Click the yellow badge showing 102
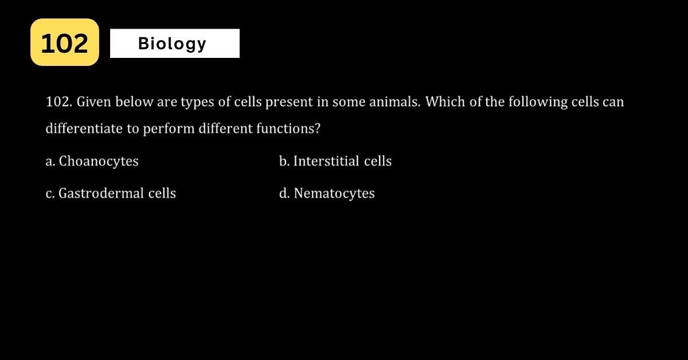(65, 42)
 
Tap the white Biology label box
(175, 44)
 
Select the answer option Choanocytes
(92, 161)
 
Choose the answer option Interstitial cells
(335, 161)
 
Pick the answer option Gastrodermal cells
(111, 193)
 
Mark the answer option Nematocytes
(327, 194)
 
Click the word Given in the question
(93, 101)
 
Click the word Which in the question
(445, 101)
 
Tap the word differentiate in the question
(84, 128)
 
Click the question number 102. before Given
(59, 101)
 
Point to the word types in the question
(197, 102)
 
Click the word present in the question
(289, 102)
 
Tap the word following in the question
(538, 102)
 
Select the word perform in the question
(169, 129)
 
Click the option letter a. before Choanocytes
(50, 162)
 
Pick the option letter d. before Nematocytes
(284, 194)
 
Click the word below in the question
(134, 101)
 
